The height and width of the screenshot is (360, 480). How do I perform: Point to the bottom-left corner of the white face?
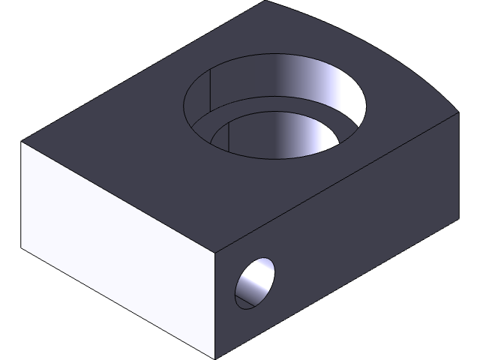click(22, 247)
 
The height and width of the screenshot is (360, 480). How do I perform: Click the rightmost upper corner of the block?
click(457, 111)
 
